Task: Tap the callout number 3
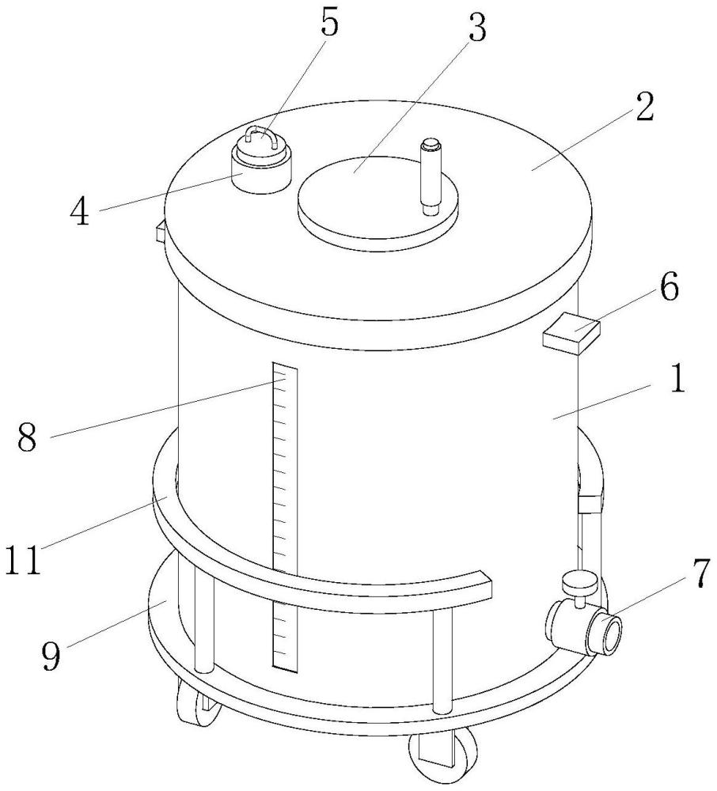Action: click(476, 27)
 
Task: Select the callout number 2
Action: click(644, 107)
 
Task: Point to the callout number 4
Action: click(80, 212)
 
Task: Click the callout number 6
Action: click(669, 288)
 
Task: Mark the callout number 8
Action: click(27, 437)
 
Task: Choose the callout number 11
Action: click(23, 559)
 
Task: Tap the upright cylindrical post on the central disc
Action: click(431, 176)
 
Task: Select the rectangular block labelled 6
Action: click(571, 334)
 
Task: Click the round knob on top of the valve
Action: click(580, 583)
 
